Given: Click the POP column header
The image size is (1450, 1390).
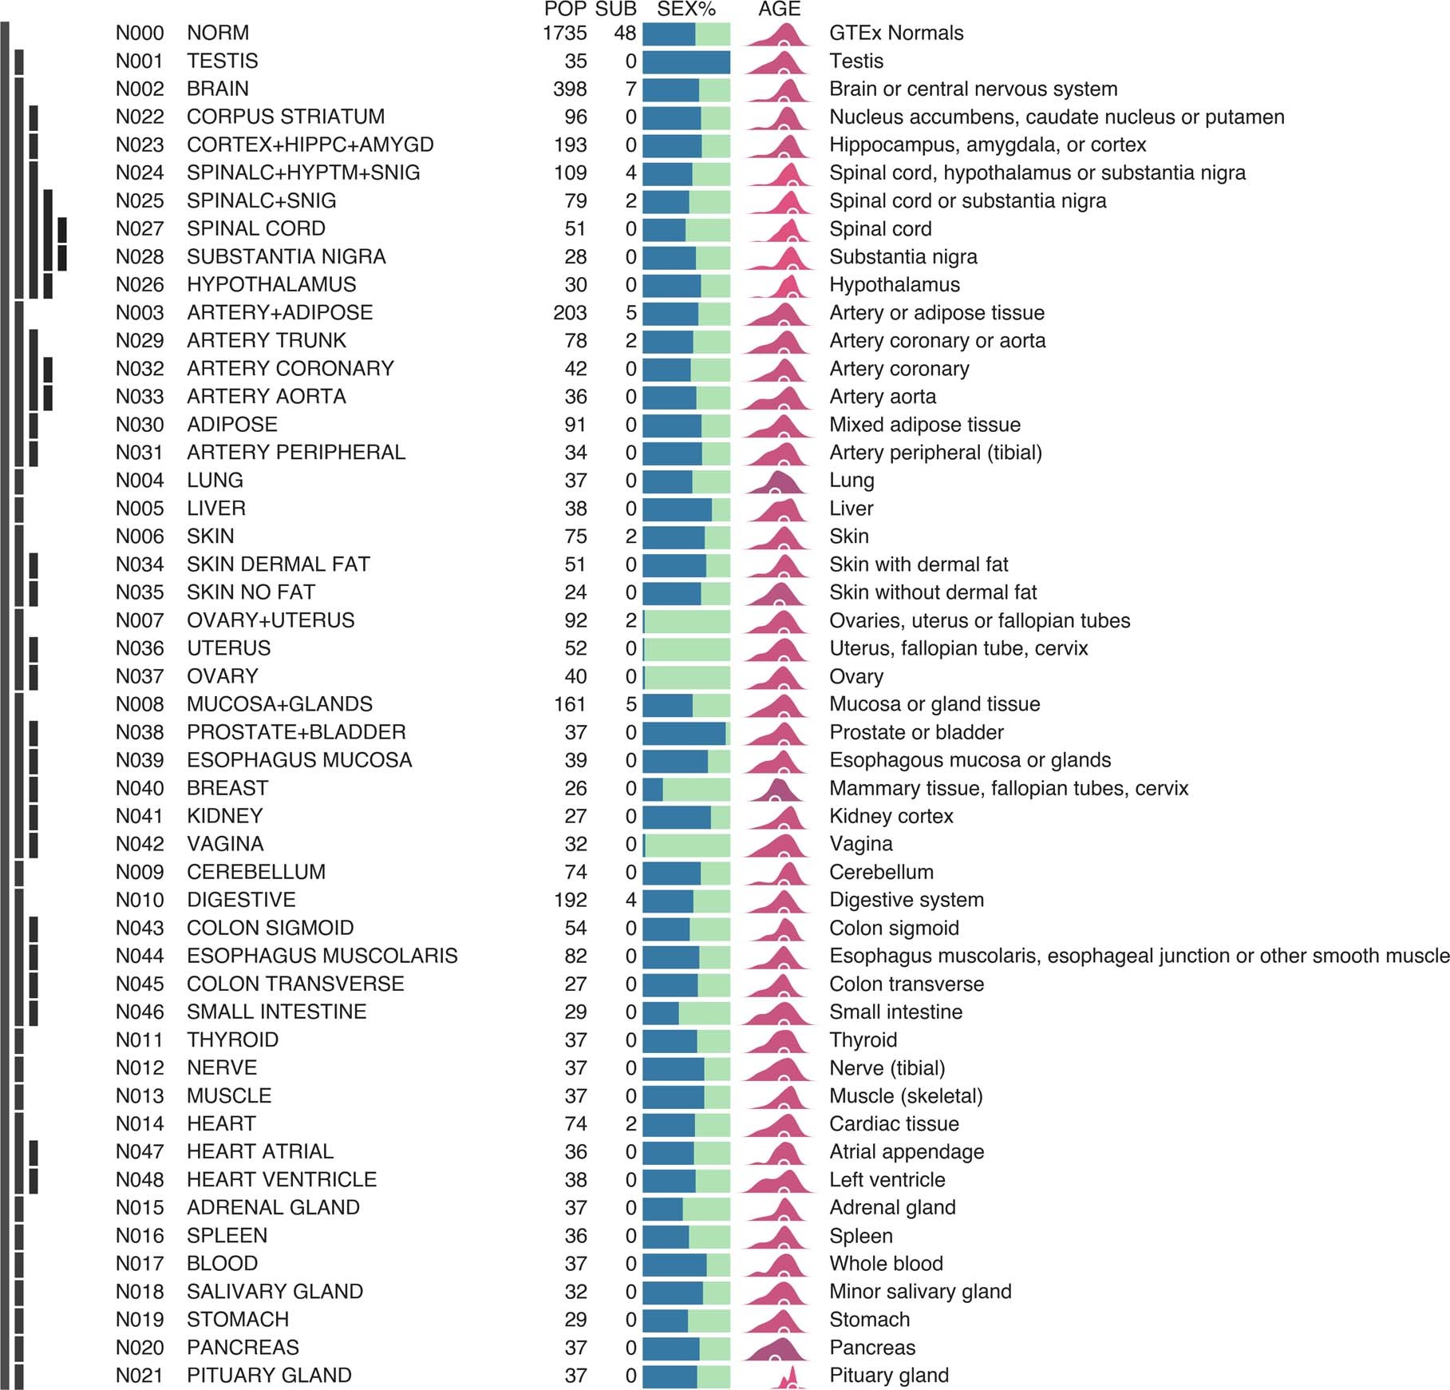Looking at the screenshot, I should (565, 10).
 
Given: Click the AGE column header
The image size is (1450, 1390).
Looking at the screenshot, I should (779, 10).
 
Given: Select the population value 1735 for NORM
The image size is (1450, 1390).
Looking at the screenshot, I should (564, 34).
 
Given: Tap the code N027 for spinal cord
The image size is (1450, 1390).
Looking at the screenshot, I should (140, 229).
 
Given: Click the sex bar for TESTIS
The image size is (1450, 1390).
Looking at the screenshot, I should (685, 61).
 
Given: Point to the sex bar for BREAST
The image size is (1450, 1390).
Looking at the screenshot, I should (685, 789).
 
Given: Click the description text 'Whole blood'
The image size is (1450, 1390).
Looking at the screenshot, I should (886, 1264).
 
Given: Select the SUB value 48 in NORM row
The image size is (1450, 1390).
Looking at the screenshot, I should (625, 34).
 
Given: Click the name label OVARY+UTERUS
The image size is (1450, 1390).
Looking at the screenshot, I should (271, 620).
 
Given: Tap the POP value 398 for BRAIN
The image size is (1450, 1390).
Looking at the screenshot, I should (570, 89).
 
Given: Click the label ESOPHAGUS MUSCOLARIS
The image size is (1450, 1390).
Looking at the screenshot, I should (322, 956).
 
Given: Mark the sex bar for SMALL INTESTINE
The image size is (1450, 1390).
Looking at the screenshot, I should (685, 1012).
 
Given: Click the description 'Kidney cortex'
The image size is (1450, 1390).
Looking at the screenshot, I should (891, 816).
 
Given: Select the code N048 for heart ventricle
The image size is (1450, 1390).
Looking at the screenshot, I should (140, 1180).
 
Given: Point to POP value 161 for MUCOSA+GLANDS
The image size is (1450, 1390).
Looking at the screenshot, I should (570, 704).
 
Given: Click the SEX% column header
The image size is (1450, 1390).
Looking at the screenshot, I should (686, 10).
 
